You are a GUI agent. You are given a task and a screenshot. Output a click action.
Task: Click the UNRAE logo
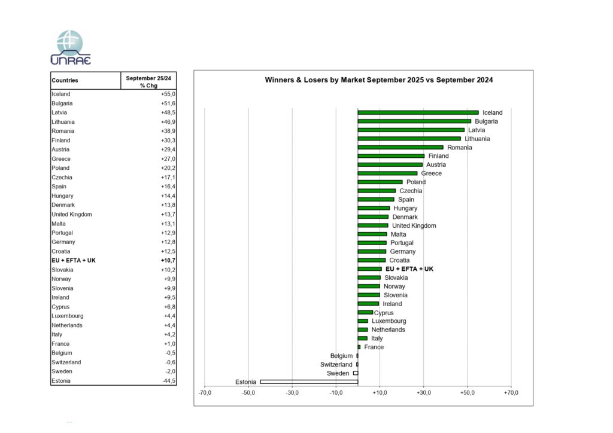(71, 47)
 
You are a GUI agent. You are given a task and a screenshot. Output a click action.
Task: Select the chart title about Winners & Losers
(379, 80)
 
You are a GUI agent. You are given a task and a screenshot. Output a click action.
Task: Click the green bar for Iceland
(418, 112)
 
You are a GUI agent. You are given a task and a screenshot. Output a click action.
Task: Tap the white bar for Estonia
(309, 382)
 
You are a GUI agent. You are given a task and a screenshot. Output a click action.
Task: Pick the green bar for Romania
(400, 147)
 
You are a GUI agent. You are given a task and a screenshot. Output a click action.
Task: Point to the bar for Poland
(380, 182)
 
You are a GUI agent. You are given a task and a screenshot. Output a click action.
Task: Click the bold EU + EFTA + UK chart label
(409, 269)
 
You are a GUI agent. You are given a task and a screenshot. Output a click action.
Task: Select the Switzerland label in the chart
(336, 364)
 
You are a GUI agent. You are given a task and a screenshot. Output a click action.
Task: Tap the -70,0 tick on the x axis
(205, 392)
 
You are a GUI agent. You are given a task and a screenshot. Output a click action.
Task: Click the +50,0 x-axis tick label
(468, 392)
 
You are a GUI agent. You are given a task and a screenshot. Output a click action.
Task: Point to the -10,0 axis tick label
(336, 392)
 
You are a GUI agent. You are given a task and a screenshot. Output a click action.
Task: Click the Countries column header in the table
(65, 81)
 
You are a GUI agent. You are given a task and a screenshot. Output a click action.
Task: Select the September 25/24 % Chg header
(148, 81)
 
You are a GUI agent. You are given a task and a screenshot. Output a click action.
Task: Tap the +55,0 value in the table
(168, 94)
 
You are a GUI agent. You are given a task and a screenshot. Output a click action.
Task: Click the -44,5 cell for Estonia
(168, 381)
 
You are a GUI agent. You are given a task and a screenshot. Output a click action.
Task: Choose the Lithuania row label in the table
(63, 122)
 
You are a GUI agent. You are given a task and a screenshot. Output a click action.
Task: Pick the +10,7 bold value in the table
(168, 261)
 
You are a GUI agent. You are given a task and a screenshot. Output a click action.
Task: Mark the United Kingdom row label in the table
(72, 214)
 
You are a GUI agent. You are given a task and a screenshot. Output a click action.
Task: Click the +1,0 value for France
(169, 344)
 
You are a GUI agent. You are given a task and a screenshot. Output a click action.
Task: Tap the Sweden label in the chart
(338, 373)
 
